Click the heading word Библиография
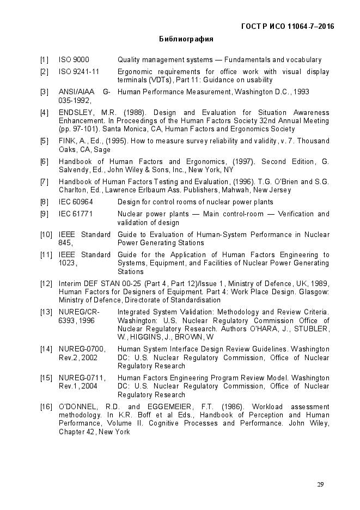[186, 39]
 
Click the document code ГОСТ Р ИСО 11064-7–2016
[288, 26]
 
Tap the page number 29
[320, 485]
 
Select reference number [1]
[45, 60]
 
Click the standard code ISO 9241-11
[78, 72]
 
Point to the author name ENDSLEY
[76, 113]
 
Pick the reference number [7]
[45, 182]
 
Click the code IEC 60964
[76, 202]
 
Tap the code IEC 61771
[76, 214]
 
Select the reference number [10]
[46, 235]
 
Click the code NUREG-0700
[82, 349]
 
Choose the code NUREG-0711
[82, 378]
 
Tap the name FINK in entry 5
[67, 141]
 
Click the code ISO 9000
[74, 60]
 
